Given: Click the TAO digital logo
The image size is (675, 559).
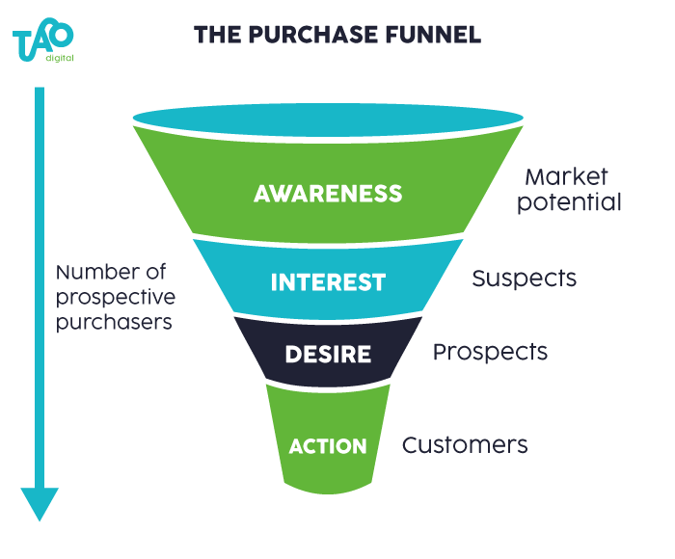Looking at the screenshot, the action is point(43,40).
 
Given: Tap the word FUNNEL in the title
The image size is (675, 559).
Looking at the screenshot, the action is point(433,35).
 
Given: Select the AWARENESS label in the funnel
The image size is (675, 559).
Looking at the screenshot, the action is point(328,193).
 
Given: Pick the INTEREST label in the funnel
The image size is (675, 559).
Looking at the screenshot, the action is point(328,282).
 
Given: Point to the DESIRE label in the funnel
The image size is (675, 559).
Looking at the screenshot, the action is point(328,354).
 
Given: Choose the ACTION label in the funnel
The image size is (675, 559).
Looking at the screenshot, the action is point(328,446).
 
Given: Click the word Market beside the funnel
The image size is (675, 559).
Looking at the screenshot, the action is point(566,176).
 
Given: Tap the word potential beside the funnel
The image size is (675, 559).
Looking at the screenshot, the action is point(569,202).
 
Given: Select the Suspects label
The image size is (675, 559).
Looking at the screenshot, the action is point(524,279).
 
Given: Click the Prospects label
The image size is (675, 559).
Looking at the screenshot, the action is point(490,352).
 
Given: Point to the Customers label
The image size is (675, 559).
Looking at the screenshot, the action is point(465,445).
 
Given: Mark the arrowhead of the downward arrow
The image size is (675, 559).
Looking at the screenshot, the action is point(40,503).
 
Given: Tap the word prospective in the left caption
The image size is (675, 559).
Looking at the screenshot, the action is point(116,298).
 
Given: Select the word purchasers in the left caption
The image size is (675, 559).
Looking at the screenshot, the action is point(114,323).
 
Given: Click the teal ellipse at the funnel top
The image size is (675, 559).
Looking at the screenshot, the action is point(328,120).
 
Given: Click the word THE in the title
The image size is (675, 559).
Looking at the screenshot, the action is point(217,35).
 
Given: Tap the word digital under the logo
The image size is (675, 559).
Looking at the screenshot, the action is point(60,58).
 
